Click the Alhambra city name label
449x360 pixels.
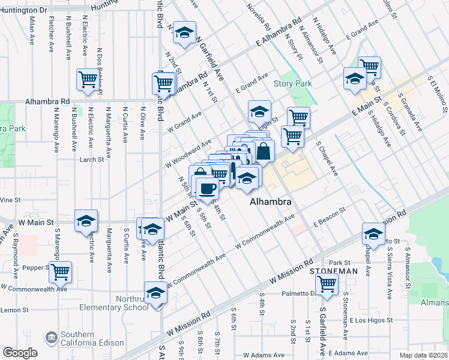(271, 203)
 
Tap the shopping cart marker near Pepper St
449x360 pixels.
(61, 271)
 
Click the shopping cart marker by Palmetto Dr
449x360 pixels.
(327, 284)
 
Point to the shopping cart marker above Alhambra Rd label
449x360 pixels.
(88, 80)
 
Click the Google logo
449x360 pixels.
(19, 353)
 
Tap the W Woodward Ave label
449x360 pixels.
(189, 153)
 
